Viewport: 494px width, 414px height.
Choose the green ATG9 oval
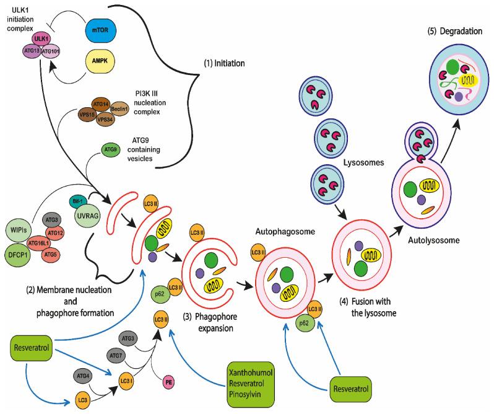tap(110, 149)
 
